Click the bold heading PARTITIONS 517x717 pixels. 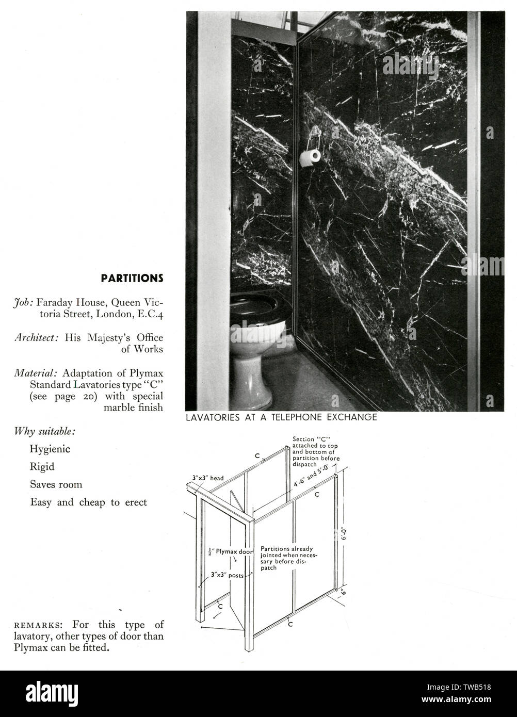tap(132, 278)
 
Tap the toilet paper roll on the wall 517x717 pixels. tap(310, 158)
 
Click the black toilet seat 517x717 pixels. tap(260, 307)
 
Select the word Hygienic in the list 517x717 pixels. tap(50, 449)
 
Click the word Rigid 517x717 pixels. tap(42, 467)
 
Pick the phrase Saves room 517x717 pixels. tap(56, 484)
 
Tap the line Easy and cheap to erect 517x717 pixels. tap(89, 502)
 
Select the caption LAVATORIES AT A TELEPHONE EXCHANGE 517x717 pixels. tap(281, 417)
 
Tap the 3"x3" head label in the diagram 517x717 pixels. tap(208, 478)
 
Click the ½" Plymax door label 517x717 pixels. tap(230, 552)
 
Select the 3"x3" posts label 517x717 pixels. tap(227, 575)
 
